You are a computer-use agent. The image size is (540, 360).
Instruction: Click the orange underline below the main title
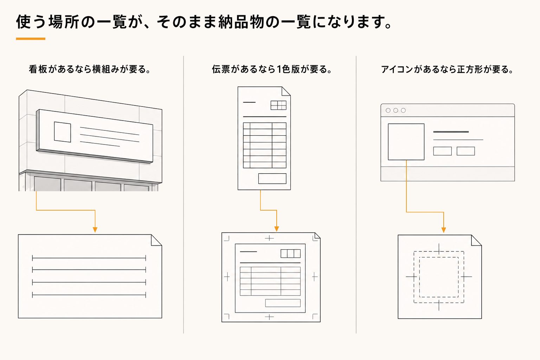coord(31,39)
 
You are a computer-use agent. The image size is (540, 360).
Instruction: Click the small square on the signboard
coord(63,132)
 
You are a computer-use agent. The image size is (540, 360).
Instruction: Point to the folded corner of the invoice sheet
coord(287,91)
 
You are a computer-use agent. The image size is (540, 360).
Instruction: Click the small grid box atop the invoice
coord(278,105)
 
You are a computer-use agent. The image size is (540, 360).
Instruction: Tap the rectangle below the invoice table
coord(272,179)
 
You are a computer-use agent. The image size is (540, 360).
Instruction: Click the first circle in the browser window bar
coord(388,110)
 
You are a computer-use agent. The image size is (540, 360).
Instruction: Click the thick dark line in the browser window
coord(451,132)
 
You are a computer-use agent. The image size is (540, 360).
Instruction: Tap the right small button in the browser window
coord(466,151)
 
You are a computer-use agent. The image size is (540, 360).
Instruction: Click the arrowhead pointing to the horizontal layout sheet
coord(95,230)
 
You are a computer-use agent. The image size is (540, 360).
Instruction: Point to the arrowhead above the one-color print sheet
coord(277,229)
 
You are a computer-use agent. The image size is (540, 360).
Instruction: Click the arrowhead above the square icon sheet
coord(444,230)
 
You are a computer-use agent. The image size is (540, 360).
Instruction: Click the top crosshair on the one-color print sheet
coord(269,238)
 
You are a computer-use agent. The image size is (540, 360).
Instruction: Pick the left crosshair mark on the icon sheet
coord(411,277)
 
